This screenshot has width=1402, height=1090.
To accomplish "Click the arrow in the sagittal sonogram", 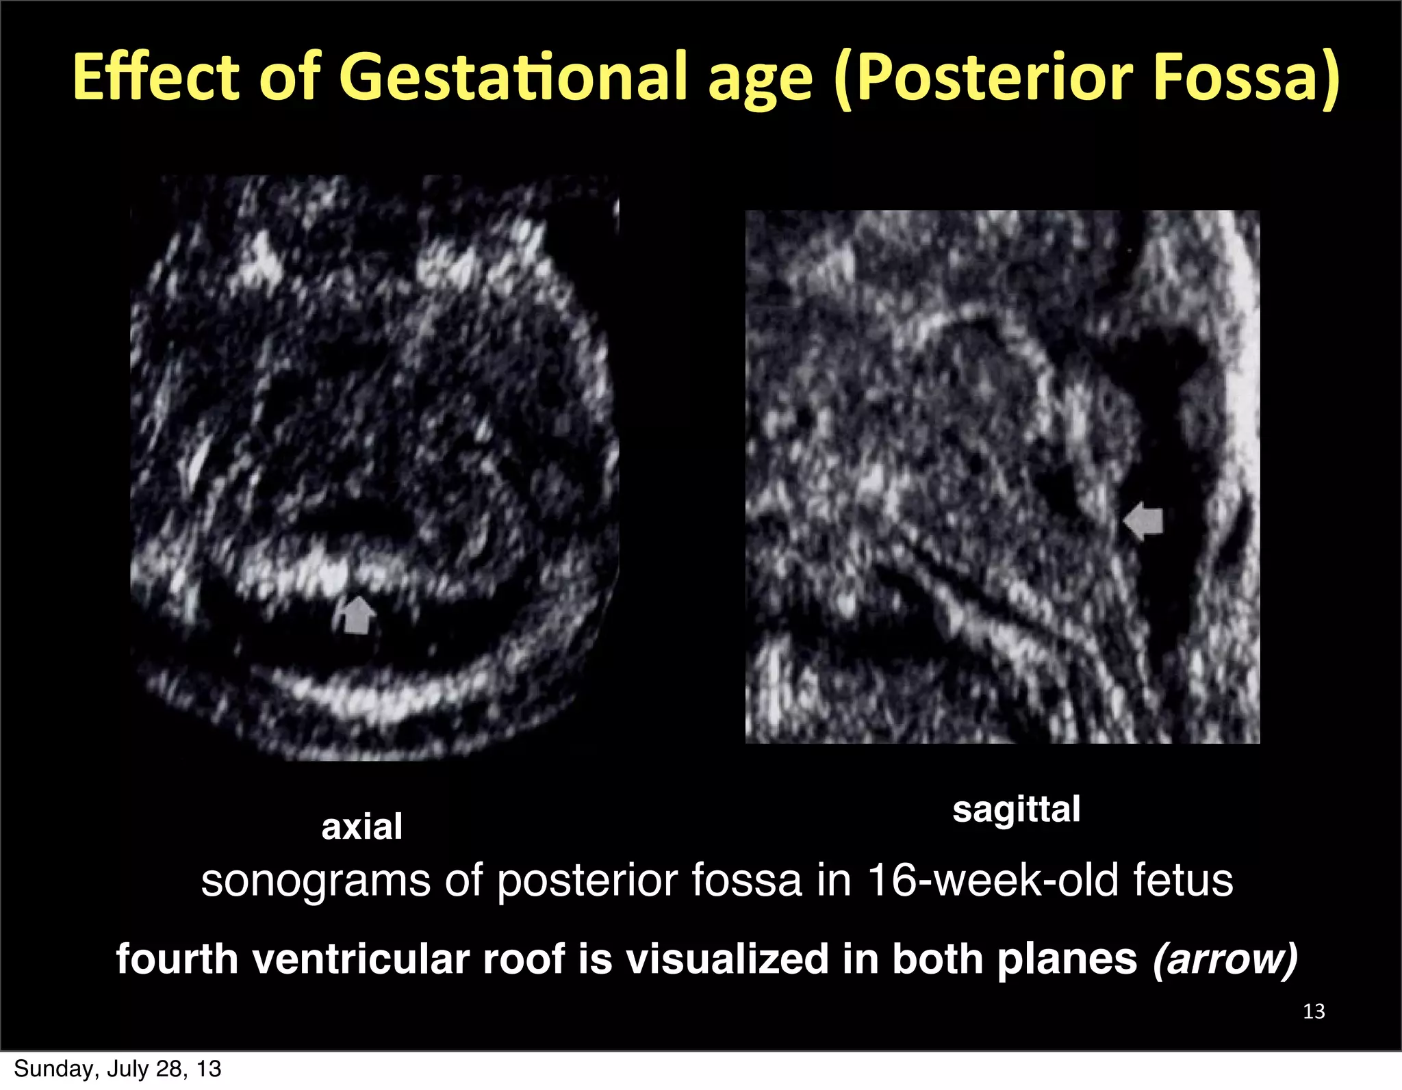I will tap(1144, 521).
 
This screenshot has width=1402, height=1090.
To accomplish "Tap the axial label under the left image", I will tap(361, 827).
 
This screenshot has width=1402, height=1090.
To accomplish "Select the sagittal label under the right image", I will tap(1016, 810).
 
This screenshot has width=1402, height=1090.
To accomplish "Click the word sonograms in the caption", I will tap(316, 881).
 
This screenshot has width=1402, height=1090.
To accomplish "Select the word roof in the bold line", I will tap(524, 959).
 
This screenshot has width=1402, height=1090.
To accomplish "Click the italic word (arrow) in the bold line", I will tap(1225, 959).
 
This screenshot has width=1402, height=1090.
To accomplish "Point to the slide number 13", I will tap(1314, 1011).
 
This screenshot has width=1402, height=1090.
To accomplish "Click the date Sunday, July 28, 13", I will tap(117, 1069).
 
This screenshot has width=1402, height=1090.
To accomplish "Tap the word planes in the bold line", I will tap(1067, 959).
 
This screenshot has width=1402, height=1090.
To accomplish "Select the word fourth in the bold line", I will tap(177, 959).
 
